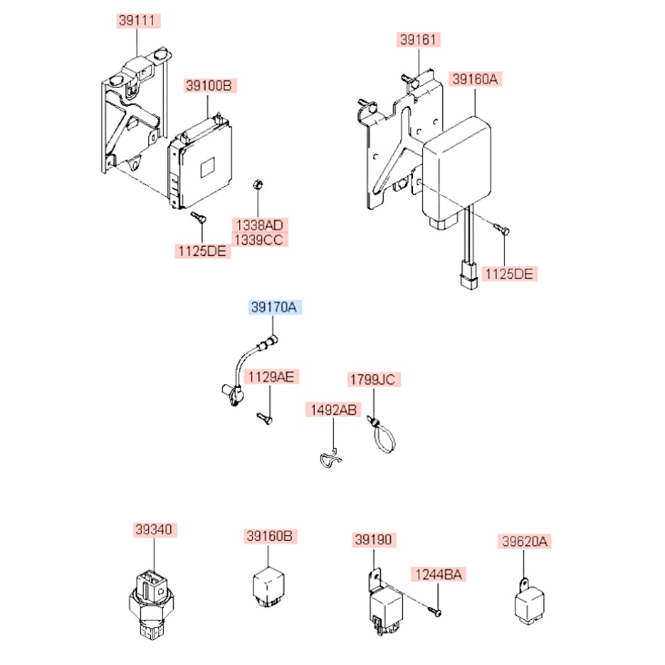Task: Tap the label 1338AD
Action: click(258, 225)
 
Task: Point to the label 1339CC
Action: click(258, 239)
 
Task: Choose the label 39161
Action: click(418, 40)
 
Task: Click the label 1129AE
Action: click(271, 378)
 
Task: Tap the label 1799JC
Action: click(373, 380)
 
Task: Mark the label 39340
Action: click(154, 530)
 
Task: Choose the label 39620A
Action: click(524, 542)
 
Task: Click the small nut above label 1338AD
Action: click(259, 184)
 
